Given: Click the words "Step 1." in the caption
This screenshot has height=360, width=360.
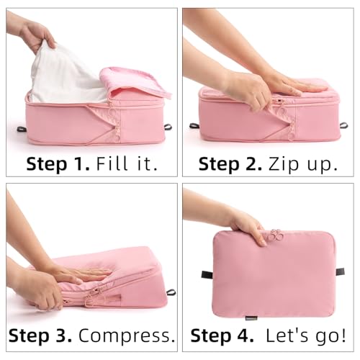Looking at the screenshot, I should (58, 164).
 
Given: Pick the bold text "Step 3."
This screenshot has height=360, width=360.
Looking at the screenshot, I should (40, 335).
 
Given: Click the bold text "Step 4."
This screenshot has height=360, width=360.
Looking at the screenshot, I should (220, 335).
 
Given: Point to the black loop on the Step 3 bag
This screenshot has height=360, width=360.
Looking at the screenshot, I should (171, 292).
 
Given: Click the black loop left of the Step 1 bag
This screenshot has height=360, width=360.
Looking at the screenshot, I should (22, 130).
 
